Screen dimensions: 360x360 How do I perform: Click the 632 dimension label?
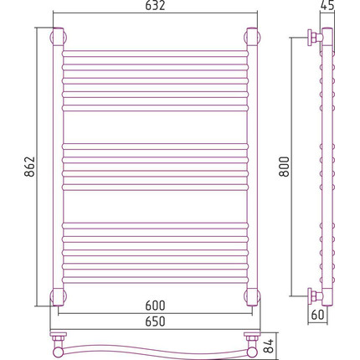coord(155,6)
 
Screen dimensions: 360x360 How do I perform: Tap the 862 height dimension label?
coord(29,167)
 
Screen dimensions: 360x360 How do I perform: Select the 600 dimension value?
coord(155,306)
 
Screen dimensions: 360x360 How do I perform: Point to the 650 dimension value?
coord(155,321)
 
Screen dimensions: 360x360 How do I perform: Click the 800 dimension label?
coord(285,167)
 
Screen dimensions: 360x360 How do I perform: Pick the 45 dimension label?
coord(327,6)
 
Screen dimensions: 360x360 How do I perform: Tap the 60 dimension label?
coord(317,315)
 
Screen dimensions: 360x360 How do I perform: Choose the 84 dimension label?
coord(269,346)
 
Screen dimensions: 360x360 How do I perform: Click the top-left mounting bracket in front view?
coord(58,36)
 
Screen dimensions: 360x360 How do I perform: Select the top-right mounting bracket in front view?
coord(252,36)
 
